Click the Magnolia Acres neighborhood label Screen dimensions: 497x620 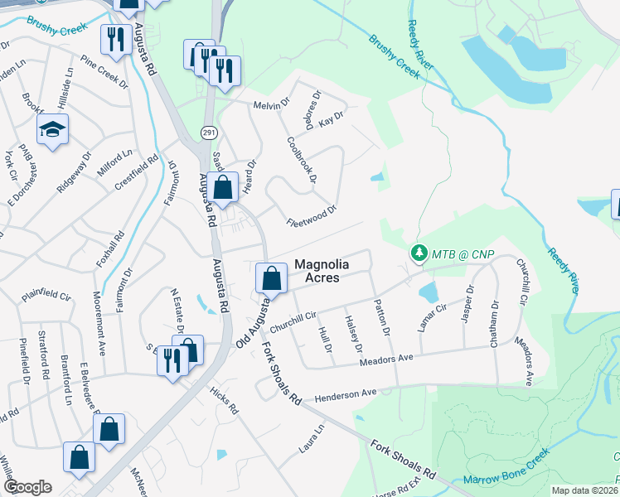tap(317, 271)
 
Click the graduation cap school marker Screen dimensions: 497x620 tap(52, 130)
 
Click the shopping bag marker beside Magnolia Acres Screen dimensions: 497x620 tap(271, 279)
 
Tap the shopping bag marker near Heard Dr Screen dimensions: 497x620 tap(223, 187)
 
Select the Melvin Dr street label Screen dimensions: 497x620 tap(273, 105)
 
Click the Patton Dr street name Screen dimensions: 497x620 tap(382, 318)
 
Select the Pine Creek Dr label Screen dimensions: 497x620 tap(104, 72)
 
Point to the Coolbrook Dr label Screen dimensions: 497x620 tap(302, 160)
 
